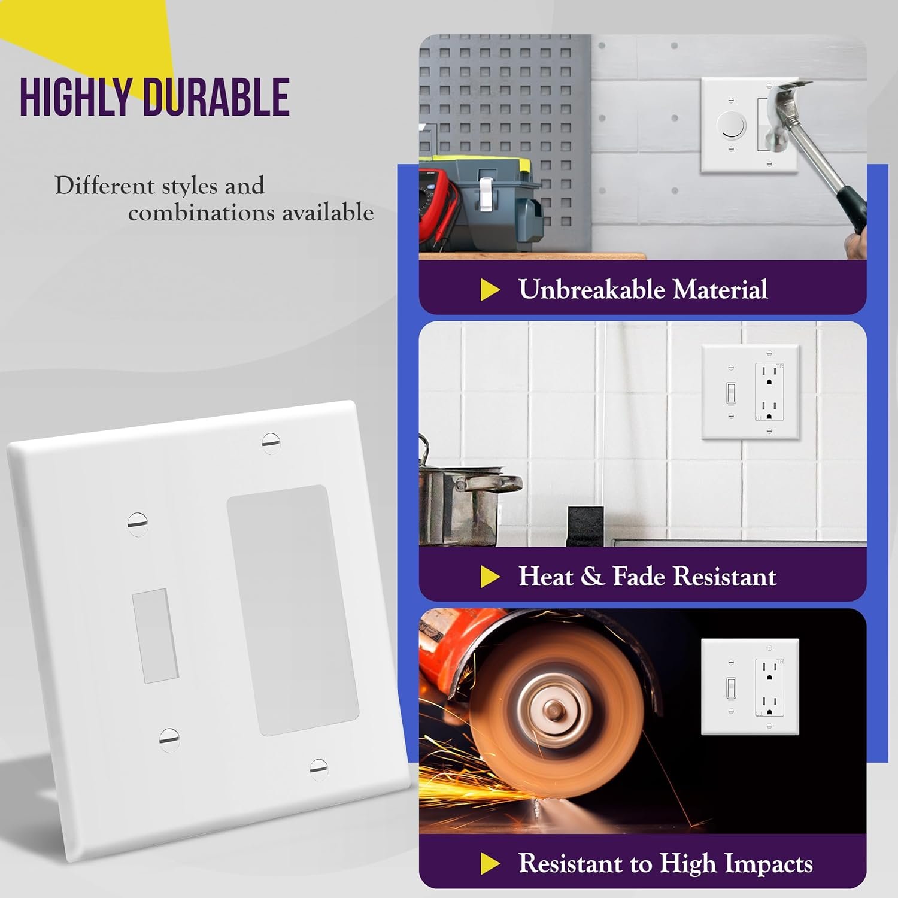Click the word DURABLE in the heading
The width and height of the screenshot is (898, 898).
tap(217, 97)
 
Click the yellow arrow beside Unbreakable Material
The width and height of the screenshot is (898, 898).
tap(490, 290)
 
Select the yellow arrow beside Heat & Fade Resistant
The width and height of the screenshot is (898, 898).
tap(490, 577)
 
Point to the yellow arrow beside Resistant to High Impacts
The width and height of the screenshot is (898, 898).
tap(490, 863)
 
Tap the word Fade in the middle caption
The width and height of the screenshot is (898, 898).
tap(639, 577)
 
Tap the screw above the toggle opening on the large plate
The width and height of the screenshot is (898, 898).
tap(138, 523)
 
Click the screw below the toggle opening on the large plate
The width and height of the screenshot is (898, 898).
tap(169, 739)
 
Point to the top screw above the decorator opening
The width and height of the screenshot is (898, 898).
tap(271, 442)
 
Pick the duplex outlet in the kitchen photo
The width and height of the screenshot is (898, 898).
tap(769, 392)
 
